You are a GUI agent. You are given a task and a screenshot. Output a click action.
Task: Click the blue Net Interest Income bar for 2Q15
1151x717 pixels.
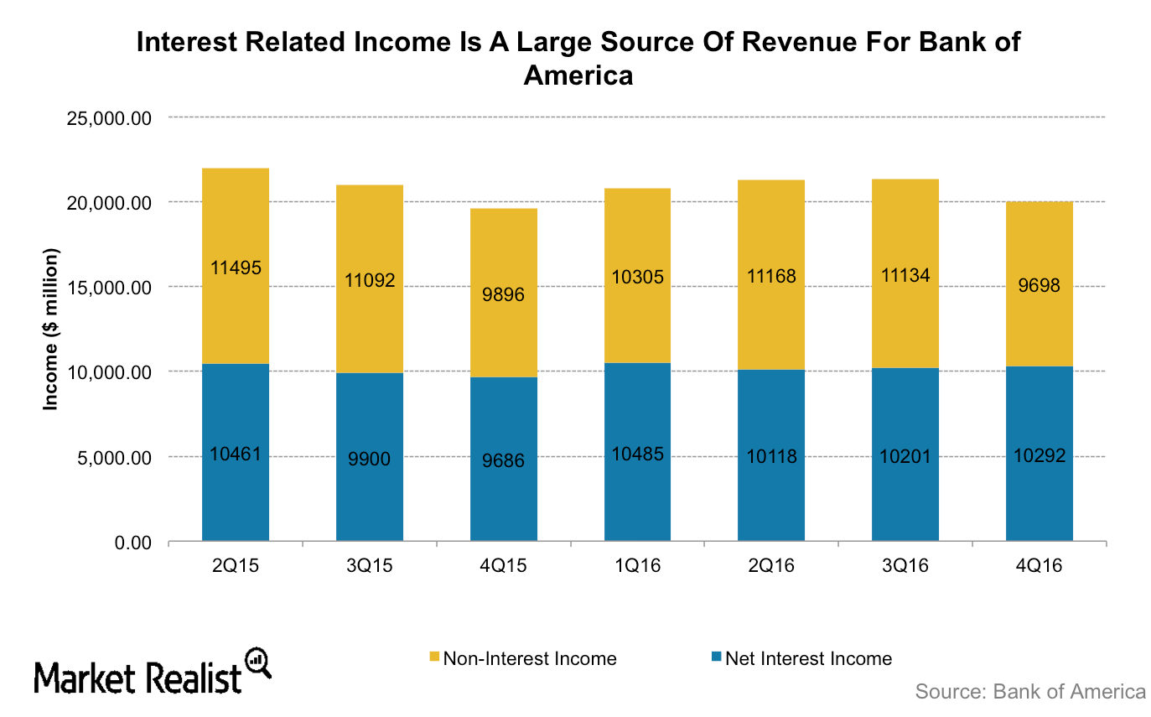(x=235, y=495)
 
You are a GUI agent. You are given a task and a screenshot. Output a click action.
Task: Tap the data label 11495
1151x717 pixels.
(x=235, y=268)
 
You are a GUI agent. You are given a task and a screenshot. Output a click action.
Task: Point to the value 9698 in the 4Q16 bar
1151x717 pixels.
(x=1039, y=285)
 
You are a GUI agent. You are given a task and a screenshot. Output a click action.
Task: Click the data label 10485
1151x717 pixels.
(x=637, y=455)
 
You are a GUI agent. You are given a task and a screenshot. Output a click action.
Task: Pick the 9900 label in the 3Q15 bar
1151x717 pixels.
(x=369, y=459)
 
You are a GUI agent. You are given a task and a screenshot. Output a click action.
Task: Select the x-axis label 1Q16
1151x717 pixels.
(x=637, y=566)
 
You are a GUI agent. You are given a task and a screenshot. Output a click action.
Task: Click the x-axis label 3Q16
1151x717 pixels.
(x=905, y=566)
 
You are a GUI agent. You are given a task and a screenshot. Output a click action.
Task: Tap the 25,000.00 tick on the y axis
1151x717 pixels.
(x=107, y=117)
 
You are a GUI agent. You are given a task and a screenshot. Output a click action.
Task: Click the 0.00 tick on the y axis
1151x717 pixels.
(x=130, y=543)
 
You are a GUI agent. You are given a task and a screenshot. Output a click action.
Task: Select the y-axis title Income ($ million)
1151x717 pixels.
(x=51, y=329)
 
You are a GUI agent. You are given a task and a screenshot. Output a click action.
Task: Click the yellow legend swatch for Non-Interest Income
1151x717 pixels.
(x=433, y=658)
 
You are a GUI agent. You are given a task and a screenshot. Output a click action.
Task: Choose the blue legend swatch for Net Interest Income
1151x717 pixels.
(x=715, y=658)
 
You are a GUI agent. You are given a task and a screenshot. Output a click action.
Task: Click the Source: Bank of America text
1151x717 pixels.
(x=1029, y=692)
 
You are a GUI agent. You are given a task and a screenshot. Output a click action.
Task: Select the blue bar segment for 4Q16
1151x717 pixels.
(x=1039, y=495)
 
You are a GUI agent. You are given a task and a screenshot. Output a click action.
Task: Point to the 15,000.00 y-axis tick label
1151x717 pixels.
(x=107, y=288)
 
